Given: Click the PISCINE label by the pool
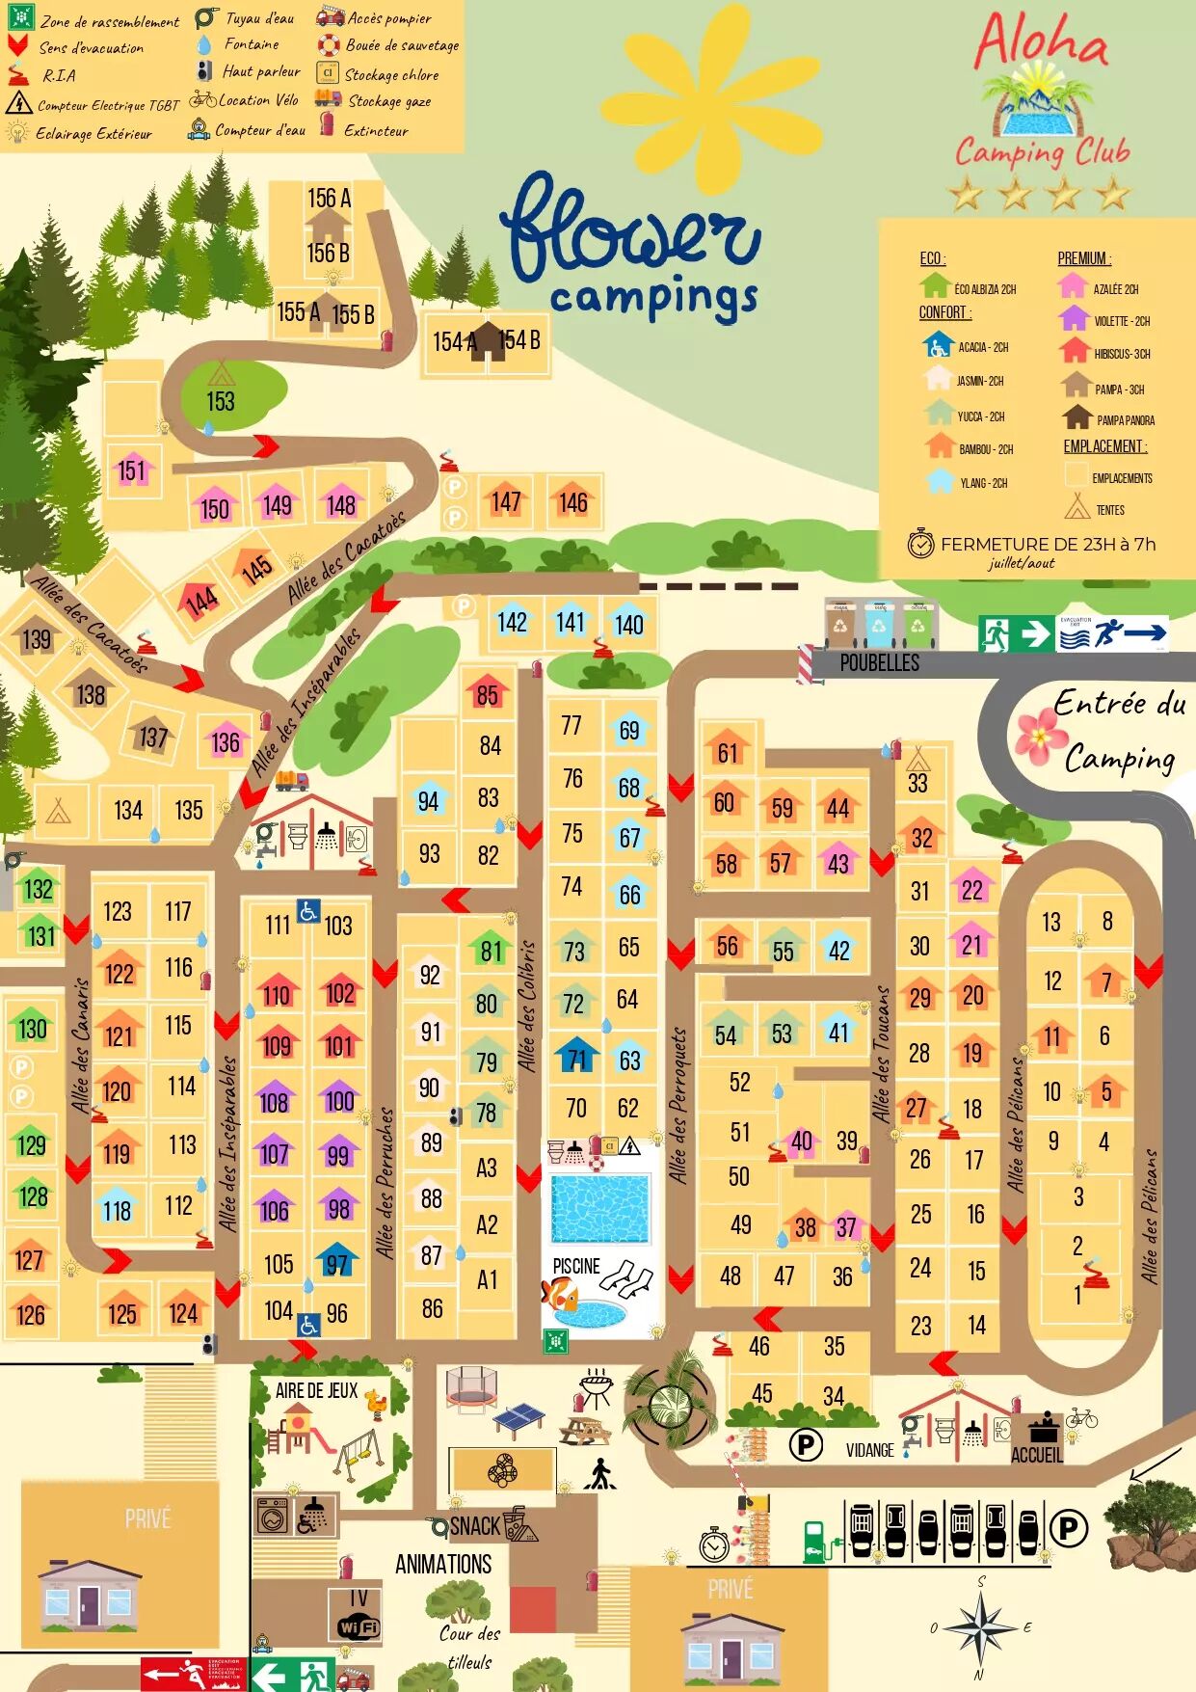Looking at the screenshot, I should pos(575,1266).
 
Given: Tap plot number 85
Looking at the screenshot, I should pos(488,694).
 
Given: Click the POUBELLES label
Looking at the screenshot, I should pos(879,662).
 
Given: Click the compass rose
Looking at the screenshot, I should pos(980,1628).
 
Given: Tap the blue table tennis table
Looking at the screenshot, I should pos(518,1417).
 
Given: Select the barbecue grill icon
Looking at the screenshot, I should pos(595,1389).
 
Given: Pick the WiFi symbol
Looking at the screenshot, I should pos(359,1627).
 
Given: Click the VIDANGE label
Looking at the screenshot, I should pos(869,1450).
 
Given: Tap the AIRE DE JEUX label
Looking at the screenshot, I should pos(316,1390).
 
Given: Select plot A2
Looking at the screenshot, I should pos(487,1224).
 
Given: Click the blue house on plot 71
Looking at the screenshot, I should pos(576,1058).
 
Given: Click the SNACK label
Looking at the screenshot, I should pos(475,1526).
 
